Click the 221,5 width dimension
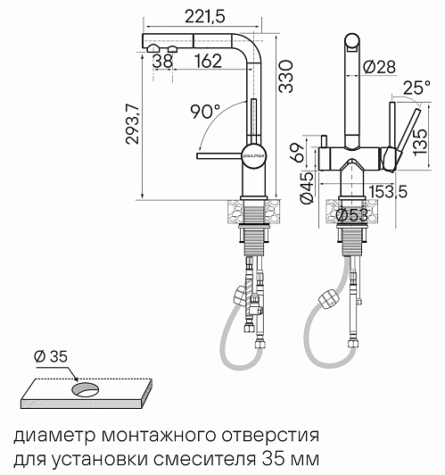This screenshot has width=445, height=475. click(x=205, y=16)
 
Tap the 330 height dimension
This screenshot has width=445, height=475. click(x=286, y=77)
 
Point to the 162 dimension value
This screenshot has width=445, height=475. click(x=208, y=61)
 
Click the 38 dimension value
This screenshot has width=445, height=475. click(x=163, y=61)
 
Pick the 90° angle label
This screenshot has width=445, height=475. click(x=206, y=112)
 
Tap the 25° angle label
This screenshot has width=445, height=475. click(x=416, y=87)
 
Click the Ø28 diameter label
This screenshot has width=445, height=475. click(x=379, y=67)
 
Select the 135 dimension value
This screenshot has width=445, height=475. click(x=420, y=143)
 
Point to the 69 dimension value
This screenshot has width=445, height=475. click(x=296, y=153)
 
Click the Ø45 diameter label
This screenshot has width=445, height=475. click(x=306, y=187)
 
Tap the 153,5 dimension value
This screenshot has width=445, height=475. click(x=388, y=191)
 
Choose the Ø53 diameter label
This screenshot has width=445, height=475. click(x=352, y=215)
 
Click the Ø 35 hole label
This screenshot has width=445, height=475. click(x=51, y=356)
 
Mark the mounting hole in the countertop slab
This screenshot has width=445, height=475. click(x=85, y=389)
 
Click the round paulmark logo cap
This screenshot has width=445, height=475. click(x=254, y=156)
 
